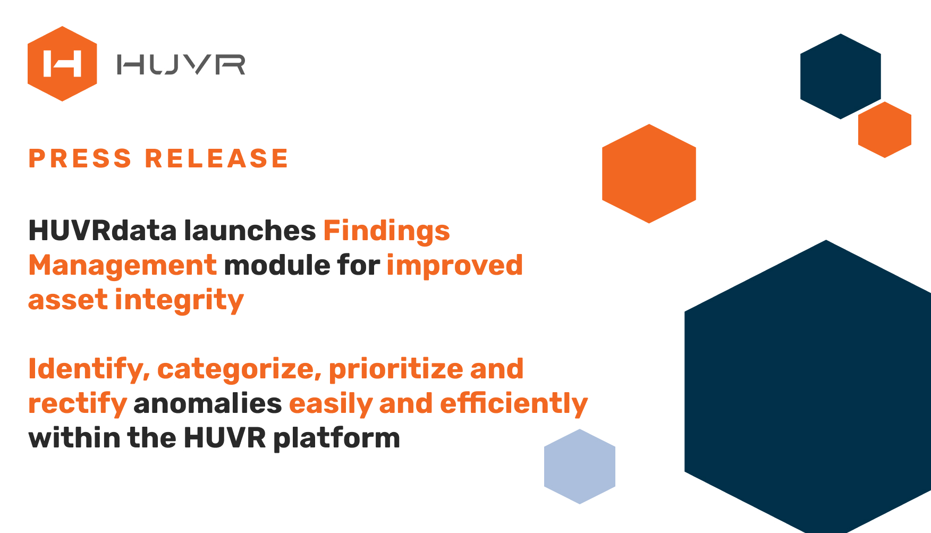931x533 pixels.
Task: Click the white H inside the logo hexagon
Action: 62,64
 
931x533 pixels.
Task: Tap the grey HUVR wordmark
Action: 181,64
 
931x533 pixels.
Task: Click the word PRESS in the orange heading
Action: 80,158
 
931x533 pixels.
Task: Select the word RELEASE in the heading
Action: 217,158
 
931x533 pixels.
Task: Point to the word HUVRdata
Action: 103,231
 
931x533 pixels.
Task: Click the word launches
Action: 250,231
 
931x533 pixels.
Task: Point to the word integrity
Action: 180,301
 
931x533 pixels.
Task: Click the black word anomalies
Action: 208,403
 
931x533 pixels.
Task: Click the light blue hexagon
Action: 580,467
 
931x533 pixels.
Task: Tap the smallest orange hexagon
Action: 885,130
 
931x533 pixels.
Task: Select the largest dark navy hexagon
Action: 808,387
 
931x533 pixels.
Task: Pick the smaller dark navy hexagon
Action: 841,77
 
